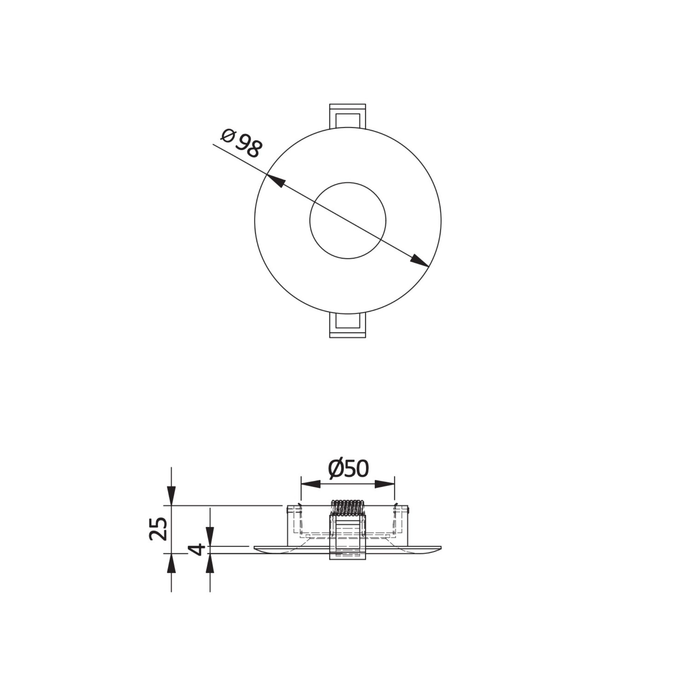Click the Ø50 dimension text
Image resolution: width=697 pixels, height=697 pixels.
point(348,469)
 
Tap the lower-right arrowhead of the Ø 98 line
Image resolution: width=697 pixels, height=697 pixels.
point(420,261)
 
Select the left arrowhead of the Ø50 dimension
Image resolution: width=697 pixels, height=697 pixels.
point(311,484)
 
